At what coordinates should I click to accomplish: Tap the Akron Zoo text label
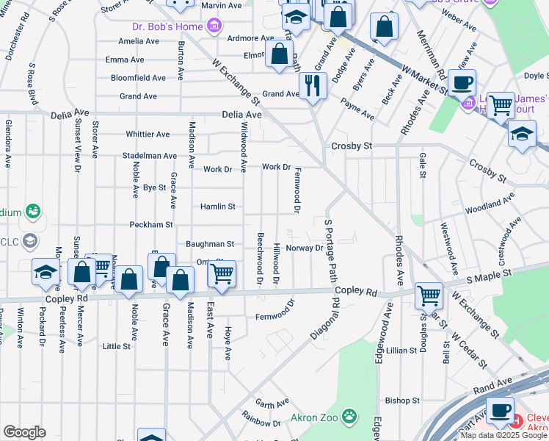tap(317, 417)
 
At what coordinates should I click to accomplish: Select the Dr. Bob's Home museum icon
tap(214, 27)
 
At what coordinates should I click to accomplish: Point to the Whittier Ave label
tap(148, 135)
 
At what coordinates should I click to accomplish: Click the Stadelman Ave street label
tap(150, 156)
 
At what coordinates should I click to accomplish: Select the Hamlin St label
tap(218, 207)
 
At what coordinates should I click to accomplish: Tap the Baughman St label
tap(210, 244)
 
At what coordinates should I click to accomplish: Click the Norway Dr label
tap(305, 248)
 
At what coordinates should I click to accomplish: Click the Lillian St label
tap(401, 351)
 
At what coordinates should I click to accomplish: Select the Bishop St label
tap(402, 401)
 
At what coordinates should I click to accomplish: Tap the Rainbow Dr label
tap(257, 420)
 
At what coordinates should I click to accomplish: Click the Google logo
tap(24, 432)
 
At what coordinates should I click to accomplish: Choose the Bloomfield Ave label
tap(138, 78)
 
